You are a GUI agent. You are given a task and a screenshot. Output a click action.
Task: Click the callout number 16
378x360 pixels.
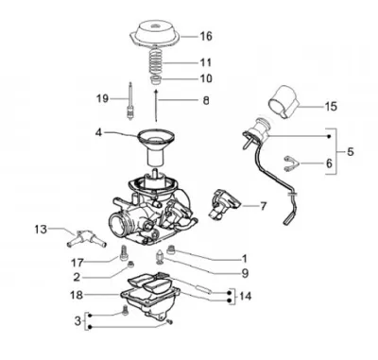pos(206,36)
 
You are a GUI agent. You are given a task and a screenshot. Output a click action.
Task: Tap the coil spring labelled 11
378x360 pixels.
pos(157,62)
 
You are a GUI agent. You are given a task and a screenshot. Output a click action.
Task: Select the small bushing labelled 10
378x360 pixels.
pos(155,80)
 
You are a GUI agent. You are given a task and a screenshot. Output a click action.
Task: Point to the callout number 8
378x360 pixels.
pos(206,101)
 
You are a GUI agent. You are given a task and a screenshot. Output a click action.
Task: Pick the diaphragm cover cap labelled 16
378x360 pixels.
pos(155,33)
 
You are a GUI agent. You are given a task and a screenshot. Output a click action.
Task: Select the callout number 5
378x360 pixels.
pos(351,152)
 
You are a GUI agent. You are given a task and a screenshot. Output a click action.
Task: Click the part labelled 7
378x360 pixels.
pos(224,203)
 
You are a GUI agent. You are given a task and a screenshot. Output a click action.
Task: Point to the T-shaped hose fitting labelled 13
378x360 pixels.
pos(85,240)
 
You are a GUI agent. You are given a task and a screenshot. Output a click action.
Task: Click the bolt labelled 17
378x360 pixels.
pos(123,253)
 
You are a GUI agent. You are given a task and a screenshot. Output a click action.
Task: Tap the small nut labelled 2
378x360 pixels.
pos(130,266)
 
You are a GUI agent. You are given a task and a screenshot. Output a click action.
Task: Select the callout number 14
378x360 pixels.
pos(246,297)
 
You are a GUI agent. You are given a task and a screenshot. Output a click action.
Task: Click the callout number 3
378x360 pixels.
pos(77,321)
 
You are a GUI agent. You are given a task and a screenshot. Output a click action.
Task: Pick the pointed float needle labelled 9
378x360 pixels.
pos(161,256)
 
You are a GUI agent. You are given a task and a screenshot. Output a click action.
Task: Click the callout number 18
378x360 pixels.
pos(77,295)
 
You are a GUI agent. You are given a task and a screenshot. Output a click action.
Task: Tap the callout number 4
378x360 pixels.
pos(99,133)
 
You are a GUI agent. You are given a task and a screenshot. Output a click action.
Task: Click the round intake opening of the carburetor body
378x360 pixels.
pos(119,225)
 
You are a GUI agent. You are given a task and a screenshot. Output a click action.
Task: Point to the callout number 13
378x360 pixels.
pos(41,230)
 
